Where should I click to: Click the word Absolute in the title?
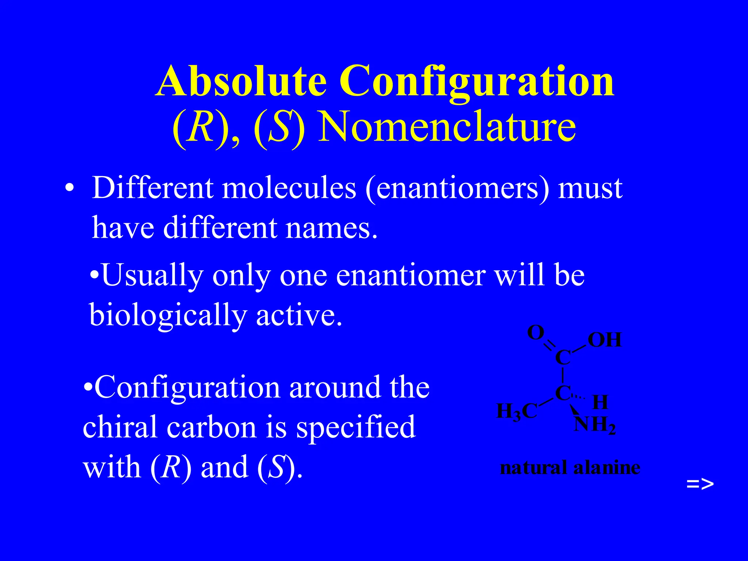point(241,81)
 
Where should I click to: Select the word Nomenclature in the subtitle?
point(447,127)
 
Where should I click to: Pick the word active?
point(299,315)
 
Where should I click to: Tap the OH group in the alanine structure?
point(604,340)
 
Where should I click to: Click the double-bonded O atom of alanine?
point(536,333)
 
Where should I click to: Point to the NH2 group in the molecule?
point(595,425)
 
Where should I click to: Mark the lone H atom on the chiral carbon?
point(600,402)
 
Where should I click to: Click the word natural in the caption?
point(533,468)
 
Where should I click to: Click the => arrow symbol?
point(700,484)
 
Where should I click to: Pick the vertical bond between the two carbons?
point(563,375)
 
